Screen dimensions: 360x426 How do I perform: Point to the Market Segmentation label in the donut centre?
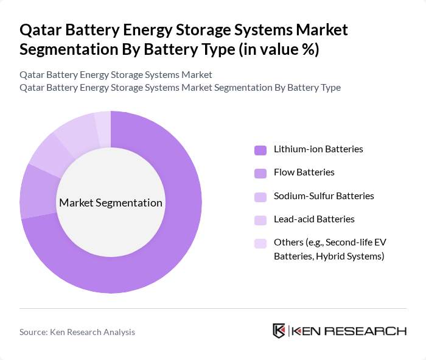(x=111, y=203)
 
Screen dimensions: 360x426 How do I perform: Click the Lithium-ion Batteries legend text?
(x=318, y=149)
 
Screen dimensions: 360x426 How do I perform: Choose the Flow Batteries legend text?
(x=304, y=172)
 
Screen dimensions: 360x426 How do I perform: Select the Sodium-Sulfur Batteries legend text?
(x=324, y=196)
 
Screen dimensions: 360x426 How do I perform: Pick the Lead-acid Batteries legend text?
(x=314, y=219)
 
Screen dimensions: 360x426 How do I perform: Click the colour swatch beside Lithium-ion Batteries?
(x=260, y=150)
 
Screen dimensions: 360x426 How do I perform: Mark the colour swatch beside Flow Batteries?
(x=260, y=173)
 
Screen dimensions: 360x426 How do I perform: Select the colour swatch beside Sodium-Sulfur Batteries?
(x=260, y=197)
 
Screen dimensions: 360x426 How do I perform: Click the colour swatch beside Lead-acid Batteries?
(x=260, y=220)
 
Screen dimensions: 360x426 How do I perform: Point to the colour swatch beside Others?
(x=260, y=243)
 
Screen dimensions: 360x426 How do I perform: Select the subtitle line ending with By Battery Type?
(x=180, y=87)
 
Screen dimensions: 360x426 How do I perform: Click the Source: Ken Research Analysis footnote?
(x=77, y=332)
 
